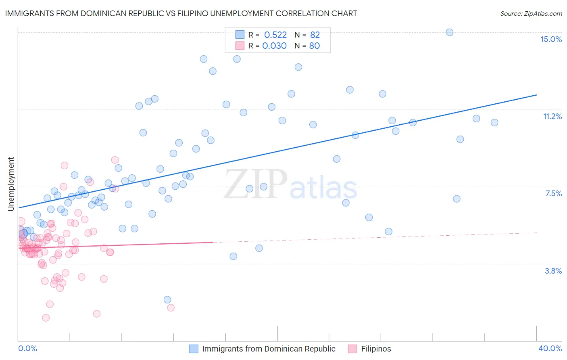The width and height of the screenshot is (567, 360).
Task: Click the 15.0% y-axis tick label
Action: tap(551, 39)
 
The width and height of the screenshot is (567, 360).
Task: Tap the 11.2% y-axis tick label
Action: tap(552, 116)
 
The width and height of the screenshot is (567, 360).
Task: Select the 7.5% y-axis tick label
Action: tap(553, 193)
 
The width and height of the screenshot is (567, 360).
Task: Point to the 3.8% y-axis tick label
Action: tap(553, 271)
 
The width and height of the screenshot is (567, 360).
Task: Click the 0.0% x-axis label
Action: tap(27, 348)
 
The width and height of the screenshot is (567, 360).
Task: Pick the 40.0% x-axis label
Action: tap(550, 348)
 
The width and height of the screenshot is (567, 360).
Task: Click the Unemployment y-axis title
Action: tap(11, 184)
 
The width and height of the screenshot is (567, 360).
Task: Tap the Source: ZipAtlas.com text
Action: tap(531, 13)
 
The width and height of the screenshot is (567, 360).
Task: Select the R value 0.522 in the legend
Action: tap(275, 35)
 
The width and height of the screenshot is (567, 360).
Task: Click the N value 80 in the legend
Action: tap(314, 46)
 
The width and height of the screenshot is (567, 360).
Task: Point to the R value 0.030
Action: tap(274, 46)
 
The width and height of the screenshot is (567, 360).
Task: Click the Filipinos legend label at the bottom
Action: tap(376, 349)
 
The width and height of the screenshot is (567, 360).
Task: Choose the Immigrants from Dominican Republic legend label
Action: tap(269, 349)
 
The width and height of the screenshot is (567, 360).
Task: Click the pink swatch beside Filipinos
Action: tap(352, 349)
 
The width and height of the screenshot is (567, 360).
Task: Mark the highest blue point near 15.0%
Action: tap(449, 32)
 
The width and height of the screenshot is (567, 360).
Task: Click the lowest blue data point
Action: tap(167, 299)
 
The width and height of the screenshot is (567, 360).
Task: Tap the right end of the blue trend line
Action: tap(536, 95)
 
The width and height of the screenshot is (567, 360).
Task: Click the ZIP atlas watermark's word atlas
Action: tap(323, 188)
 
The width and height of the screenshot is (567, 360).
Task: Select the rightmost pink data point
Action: tap(171, 308)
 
